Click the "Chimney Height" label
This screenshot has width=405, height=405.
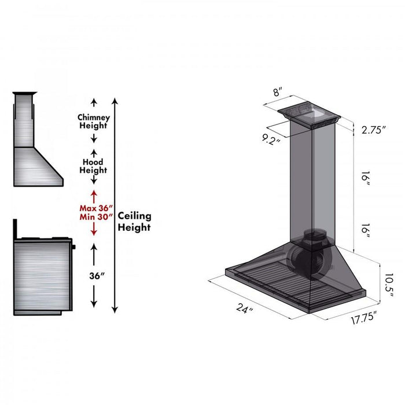click(93, 122)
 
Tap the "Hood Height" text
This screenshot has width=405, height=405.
click(93, 167)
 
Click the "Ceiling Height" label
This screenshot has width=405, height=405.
click(134, 222)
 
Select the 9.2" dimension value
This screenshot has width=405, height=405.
click(270, 139)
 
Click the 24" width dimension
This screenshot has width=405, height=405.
click(245, 310)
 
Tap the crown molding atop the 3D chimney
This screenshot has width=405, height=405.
click(307, 115)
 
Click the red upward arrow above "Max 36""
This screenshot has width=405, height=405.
click(94, 195)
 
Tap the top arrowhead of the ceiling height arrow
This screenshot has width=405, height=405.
click(115, 101)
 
